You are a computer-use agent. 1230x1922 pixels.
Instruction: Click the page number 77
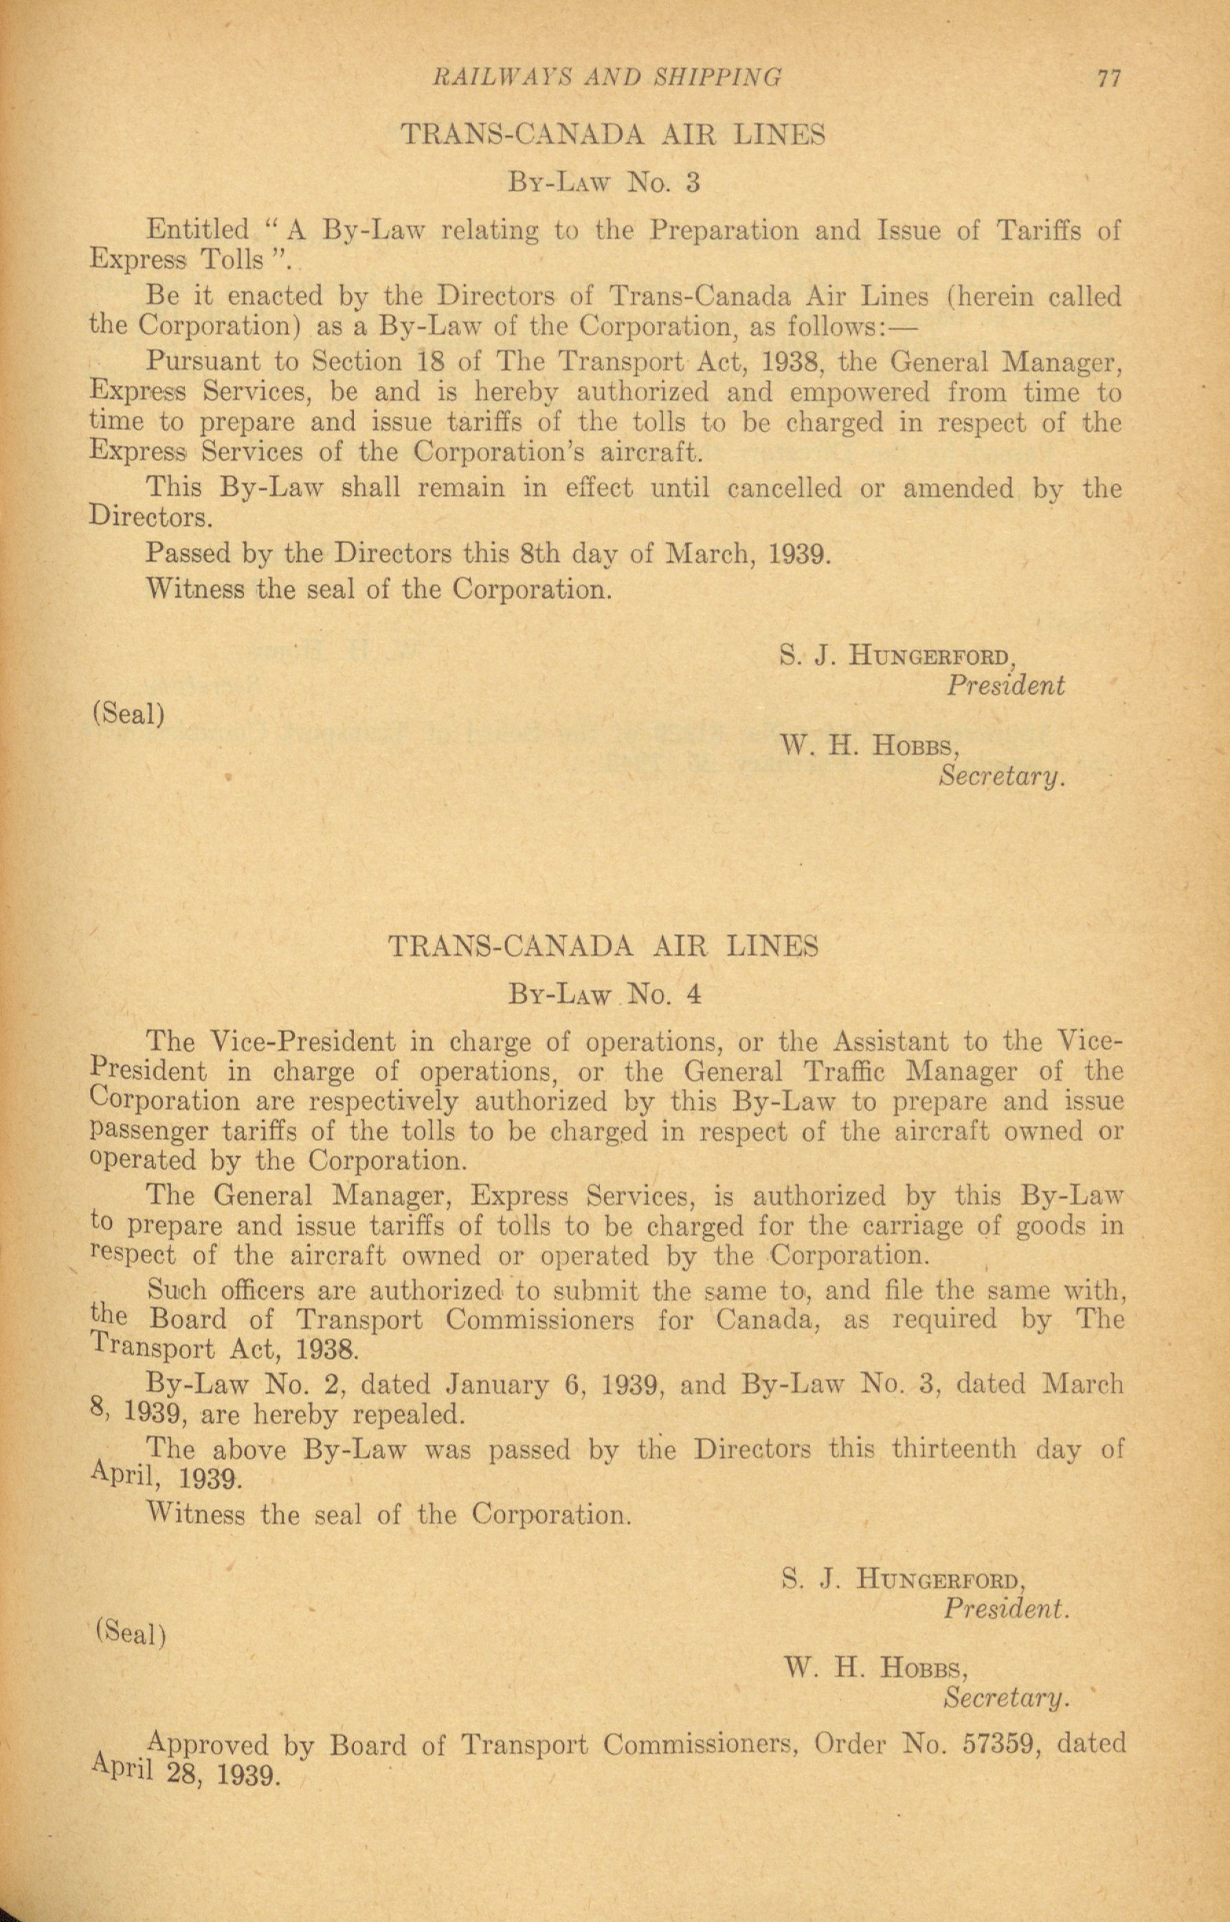point(1109,78)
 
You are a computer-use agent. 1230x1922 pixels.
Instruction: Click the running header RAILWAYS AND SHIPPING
point(606,77)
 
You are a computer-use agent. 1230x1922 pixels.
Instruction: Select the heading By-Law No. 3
point(605,183)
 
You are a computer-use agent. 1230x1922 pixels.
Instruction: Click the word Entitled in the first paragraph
point(198,230)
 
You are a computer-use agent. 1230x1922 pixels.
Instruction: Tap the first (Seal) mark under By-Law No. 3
point(128,713)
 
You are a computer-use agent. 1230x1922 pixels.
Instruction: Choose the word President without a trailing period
point(1005,686)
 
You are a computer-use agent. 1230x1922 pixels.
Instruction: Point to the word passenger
point(138,1132)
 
